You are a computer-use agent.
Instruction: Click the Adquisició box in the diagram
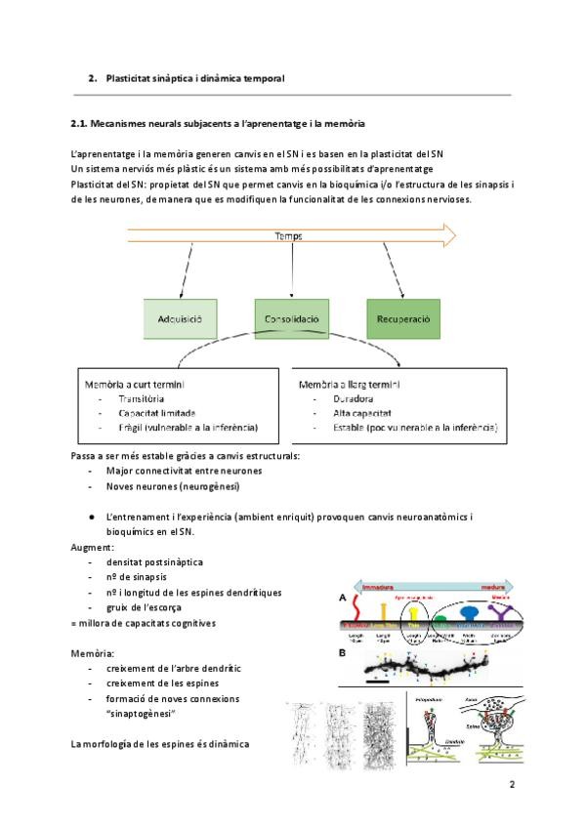(x=179, y=319)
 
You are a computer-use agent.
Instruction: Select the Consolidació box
(x=291, y=319)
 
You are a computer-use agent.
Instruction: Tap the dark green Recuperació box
(x=404, y=319)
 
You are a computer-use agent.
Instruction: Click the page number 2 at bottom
(x=511, y=784)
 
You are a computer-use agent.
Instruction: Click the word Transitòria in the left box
(x=142, y=399)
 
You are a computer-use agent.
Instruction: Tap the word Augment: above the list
(x=93, y=548)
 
